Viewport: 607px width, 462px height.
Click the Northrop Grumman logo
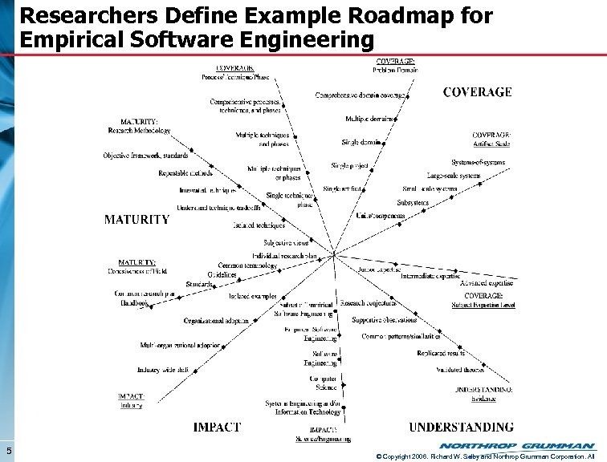coord(517,446)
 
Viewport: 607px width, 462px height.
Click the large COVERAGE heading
coord(477,92)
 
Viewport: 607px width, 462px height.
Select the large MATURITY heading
coord(137,219)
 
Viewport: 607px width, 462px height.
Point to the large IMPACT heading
coord(216,427)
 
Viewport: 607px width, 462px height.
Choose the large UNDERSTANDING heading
coord(461,427)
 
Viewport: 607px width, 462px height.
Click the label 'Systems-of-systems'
coord(478,163)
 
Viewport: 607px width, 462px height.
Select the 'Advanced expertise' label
coord(486,283)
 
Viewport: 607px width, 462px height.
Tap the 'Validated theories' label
coord(460,370)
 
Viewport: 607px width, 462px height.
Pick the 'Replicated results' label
coord(441,353)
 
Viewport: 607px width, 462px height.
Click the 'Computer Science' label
coord(324,382)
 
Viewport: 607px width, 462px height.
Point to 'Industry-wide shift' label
coord(163,370)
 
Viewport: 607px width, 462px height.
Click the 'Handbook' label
coord(134,304)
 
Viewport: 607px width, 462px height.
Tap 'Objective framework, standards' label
coord(145,155)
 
